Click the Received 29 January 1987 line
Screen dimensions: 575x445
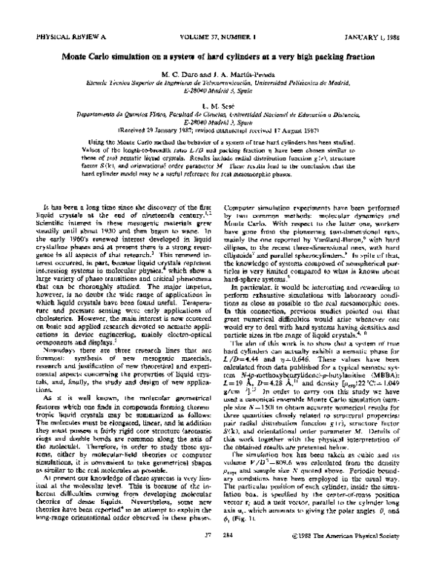pyautogui.click(x=222, y=133)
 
